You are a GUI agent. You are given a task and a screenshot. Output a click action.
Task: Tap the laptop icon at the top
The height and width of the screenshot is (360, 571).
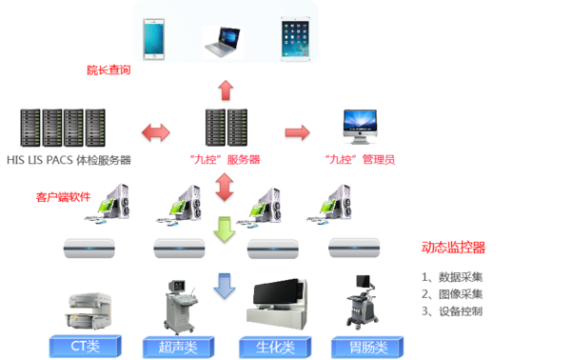tap(225, 39)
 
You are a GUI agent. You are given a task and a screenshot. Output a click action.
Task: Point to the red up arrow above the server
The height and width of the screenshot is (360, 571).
tap(225, 90)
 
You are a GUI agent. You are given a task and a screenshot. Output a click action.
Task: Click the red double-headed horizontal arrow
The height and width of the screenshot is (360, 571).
tap(156, 131)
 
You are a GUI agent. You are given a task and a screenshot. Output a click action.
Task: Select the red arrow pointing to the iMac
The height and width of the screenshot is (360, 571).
tap(297, 131)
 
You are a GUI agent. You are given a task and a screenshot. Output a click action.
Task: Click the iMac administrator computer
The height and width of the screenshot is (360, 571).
tap(365, 129)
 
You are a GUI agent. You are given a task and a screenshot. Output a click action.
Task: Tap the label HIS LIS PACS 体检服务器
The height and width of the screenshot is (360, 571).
tap(69, 160)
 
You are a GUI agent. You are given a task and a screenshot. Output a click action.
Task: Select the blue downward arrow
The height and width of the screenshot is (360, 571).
tap(225, 285)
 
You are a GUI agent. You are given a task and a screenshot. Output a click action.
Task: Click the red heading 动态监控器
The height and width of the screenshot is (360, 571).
tap(453, 247)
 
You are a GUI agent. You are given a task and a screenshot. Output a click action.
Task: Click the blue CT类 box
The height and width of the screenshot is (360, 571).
tap(86, 346)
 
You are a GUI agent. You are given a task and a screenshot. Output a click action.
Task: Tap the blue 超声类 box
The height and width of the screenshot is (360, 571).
tap(177, 346)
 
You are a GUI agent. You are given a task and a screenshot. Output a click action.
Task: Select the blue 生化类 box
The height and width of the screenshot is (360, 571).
tap(270, 346)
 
